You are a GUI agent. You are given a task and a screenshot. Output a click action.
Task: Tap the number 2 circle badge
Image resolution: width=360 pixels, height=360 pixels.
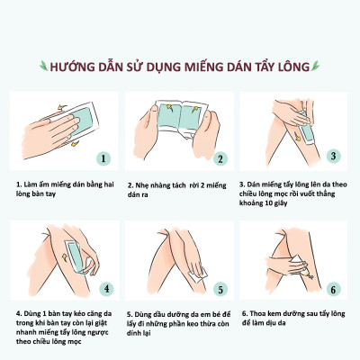[219, 158]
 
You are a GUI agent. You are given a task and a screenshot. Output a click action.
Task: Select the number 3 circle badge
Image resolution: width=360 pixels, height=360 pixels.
[332, 155]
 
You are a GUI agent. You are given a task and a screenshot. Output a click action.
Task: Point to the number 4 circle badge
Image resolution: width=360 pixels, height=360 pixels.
[106, 290]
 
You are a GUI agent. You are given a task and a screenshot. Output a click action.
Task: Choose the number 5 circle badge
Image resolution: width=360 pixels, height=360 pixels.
[220, 290]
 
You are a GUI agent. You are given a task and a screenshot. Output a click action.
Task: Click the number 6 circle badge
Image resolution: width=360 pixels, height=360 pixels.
[333, 290]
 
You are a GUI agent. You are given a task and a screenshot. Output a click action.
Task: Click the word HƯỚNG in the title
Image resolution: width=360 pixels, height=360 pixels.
[73, 66]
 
